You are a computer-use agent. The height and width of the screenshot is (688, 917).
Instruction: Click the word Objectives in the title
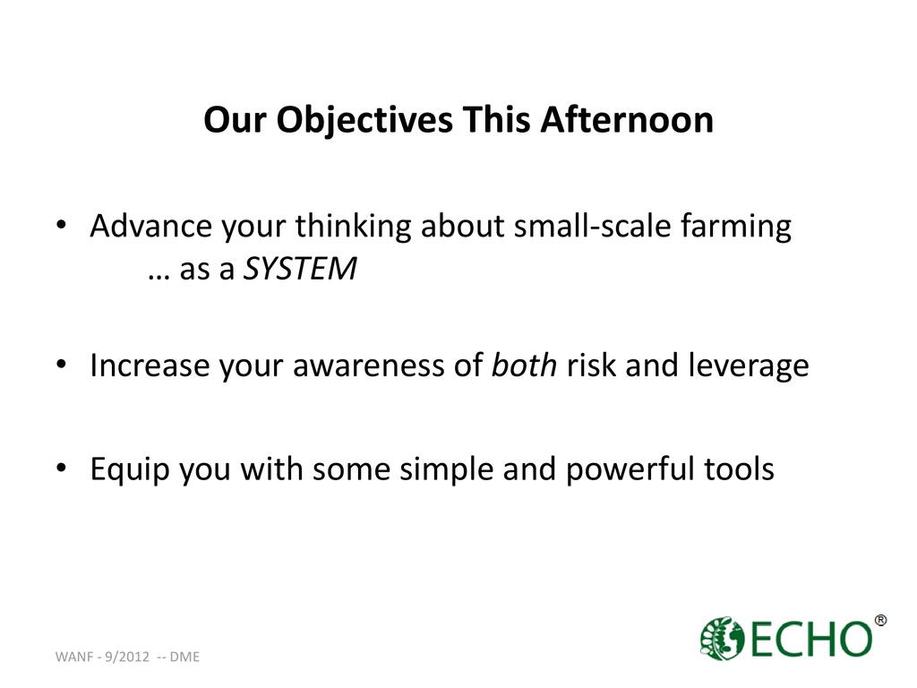click(364, 122)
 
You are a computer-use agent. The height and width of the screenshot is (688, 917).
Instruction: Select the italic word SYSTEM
click(299, 269)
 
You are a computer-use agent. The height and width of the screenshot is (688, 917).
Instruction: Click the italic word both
click(524, 365)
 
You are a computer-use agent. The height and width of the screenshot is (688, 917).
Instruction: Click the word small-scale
click(592, 226)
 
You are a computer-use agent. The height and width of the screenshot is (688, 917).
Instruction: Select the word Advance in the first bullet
click(150, 226)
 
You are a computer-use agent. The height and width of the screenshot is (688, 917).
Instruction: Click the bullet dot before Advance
click(62, 225)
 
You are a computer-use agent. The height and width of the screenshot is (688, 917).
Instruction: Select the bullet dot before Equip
click(62, 469)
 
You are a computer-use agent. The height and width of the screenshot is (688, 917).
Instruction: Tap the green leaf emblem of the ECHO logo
click(723, 638)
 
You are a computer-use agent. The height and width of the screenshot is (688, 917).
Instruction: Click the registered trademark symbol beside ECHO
click(880, 620)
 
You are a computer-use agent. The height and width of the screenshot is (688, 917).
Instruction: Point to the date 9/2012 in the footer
click(127, 657)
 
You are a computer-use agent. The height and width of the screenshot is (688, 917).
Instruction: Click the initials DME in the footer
click(184, 657)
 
